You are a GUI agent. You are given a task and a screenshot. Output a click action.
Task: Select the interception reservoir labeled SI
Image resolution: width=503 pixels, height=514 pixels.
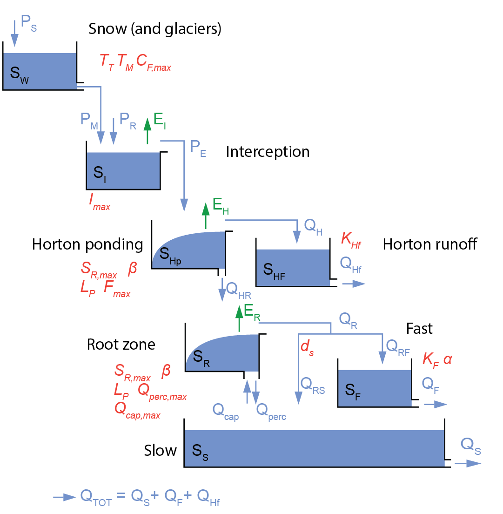point(123,171)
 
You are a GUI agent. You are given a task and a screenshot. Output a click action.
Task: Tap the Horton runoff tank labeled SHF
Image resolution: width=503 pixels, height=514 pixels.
point(293,267)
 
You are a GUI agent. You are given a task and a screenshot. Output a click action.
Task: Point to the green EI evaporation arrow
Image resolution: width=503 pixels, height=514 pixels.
point(148,130)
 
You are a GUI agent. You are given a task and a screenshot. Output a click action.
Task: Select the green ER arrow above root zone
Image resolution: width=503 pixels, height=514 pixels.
point(239,318)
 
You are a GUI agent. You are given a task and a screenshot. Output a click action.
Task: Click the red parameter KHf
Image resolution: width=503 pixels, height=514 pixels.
point(351,239)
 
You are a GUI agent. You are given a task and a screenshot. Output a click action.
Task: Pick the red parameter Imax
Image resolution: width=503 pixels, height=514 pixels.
point(100,202)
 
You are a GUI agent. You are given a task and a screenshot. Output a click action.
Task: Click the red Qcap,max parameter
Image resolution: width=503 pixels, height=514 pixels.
point(137,410)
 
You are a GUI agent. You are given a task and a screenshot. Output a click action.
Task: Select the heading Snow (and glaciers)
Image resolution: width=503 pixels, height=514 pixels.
point(154,29)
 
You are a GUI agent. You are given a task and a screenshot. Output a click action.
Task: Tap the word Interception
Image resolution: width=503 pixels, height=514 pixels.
point(268,152)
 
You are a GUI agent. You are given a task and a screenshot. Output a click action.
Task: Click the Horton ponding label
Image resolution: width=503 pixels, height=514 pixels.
point(87,244)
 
